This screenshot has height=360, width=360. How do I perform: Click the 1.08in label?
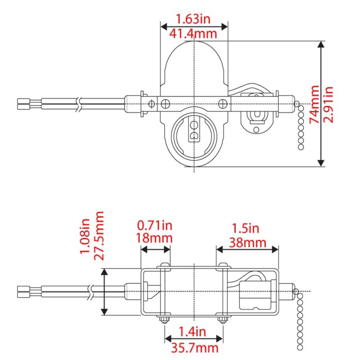tap(85, 236)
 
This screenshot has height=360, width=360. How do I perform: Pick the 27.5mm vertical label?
tap(99, 236)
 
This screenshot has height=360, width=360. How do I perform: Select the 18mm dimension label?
tap(155, 238)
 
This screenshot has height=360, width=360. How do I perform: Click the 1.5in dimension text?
tap(246, 228)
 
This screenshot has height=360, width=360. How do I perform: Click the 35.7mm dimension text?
tap(194, 347)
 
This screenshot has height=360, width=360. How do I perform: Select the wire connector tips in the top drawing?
tap(22, 104)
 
